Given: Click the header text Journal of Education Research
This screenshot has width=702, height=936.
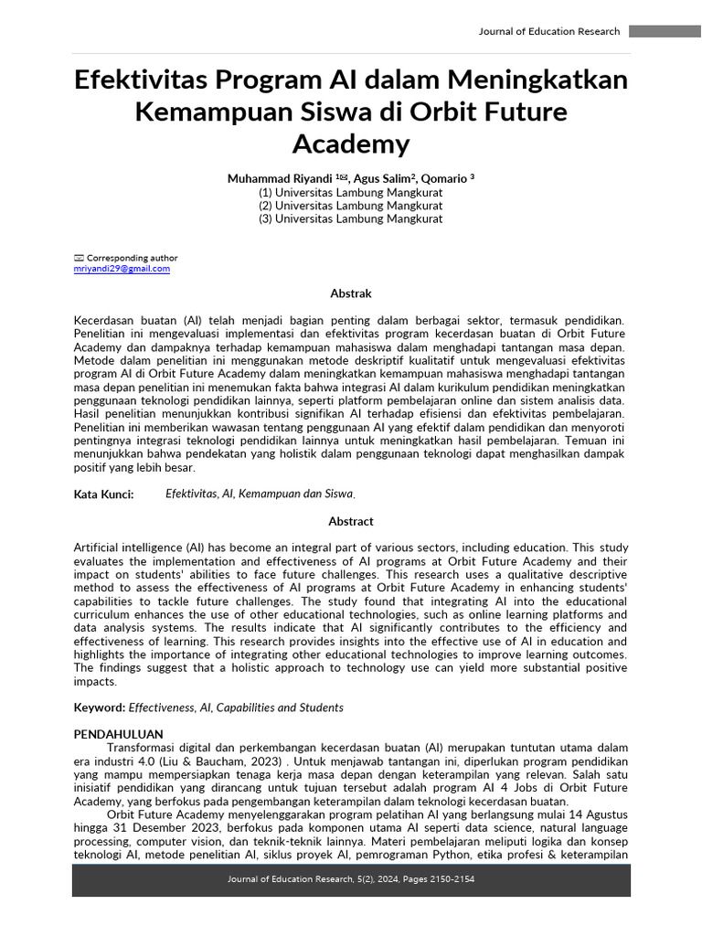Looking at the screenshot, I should (548, 31).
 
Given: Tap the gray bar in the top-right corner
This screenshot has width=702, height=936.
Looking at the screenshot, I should (665, 31).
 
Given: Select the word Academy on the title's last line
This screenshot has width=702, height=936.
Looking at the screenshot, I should (351, 144).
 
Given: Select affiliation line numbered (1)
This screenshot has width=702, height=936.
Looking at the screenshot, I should (351, 193).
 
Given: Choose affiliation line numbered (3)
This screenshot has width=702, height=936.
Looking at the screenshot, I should (351, 218).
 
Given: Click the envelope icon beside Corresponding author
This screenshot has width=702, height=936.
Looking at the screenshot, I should (79, 259).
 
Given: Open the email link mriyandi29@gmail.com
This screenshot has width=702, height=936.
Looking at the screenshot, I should (122, 269).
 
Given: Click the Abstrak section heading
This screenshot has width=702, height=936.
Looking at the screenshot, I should (351, 293).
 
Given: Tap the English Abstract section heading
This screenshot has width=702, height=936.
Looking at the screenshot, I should (351, 521).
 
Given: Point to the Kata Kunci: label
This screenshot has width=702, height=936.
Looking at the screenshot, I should (103, 494).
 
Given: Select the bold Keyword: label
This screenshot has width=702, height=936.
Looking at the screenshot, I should (99, 707).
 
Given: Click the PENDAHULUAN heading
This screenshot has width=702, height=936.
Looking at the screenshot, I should (118, 734).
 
